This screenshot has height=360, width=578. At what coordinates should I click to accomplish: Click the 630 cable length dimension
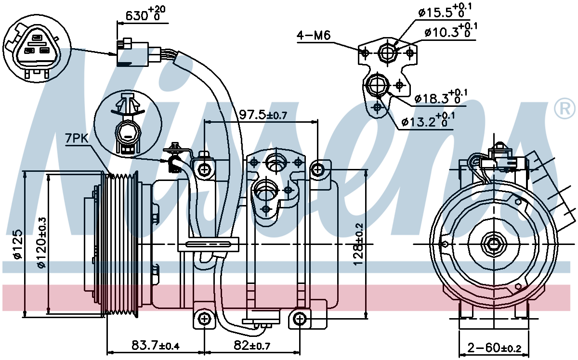pyautogui.click(x=145, y=13)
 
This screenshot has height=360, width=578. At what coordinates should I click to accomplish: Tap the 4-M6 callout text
pyautogui.click(x=314, y=35)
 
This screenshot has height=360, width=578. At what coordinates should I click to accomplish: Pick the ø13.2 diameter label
pyautogui.click(x=428, y=121)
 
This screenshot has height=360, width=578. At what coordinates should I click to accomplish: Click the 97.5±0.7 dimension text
pyautogui.click(x=263, y=115)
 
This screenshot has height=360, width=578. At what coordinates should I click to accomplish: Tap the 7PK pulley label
pyautogui.click(x=77, y=139)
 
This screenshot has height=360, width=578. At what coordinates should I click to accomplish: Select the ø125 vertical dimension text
pyautogui.click(x=17, y=244)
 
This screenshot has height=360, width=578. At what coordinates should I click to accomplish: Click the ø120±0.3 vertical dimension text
pyautogui.click(x=41, y=243)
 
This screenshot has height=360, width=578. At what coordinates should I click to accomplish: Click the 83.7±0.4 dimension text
pyautogui.click(x=155, y=345)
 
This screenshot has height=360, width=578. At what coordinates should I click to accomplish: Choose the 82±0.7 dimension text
pyautogui.click(x=252, y=345)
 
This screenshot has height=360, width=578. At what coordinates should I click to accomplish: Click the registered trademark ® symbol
pyautogui.click(x=565, y=109)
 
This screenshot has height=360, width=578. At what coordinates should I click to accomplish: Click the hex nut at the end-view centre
pyautogui.click(x=494, y=244)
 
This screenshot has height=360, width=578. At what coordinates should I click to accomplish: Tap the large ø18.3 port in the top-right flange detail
pyautogui.click(x=378, y=85)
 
